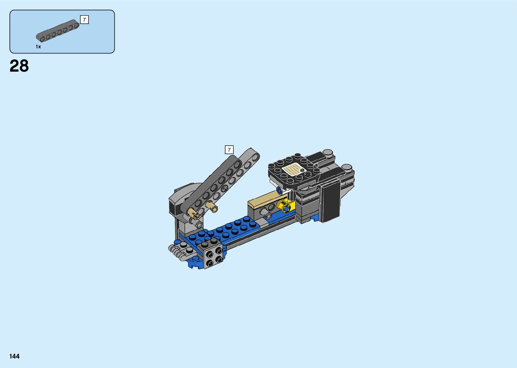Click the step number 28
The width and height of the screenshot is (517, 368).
[x=19, y=66]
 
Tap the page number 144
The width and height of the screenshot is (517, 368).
[x=14, y=356]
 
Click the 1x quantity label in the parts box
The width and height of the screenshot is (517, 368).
[x=38, y=47]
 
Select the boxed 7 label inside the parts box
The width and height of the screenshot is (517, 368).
[x=84, y=20]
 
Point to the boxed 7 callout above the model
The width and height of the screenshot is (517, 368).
[x=229, y=150]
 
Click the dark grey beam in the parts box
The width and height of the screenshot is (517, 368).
[x=57, y=31]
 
